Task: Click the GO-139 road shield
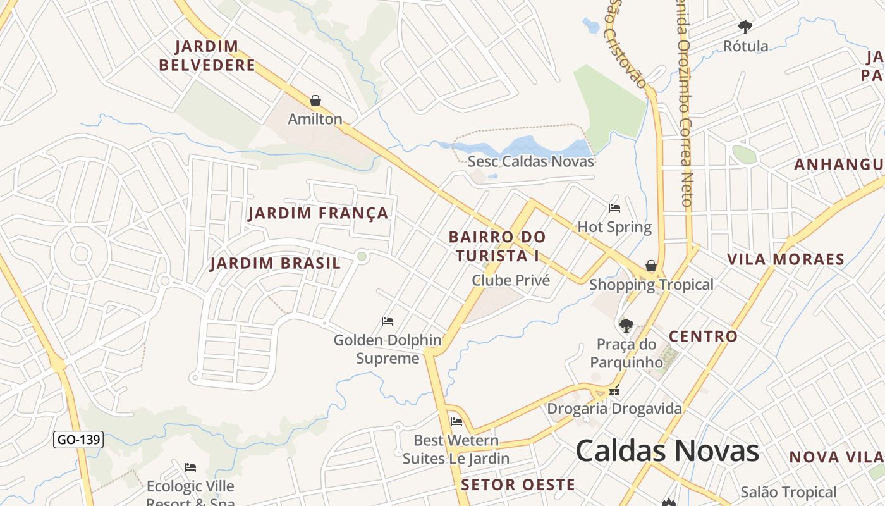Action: [x=78, y=440]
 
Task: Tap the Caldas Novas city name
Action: [x=667, y=451]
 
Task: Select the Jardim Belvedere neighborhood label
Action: [x=207, y=56]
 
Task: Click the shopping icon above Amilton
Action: [x=315, y=101]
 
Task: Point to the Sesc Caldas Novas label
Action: [x=530, y=161]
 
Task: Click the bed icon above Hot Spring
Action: [x=614, y=207]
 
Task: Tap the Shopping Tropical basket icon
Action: [x=651, y=266]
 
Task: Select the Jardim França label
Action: [x=318, y=213]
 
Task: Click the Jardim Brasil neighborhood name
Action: [x=275, y=263]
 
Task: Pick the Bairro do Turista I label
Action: [x=497, y=246]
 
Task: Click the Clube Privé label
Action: [x=511, y=280]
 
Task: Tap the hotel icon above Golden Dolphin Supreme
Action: [x=388, y=321]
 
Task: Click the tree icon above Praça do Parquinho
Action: [x=626, y=326]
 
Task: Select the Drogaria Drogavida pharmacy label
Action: [x=614, y=409]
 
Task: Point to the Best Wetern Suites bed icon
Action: [x=456, y=421]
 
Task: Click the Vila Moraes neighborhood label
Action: [x=786, y=259]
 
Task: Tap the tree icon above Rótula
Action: [x=745, y=27]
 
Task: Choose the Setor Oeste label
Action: [x=518, y=485]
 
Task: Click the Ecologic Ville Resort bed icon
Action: [x=190, y=467]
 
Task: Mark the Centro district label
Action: [x=703, y=336]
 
